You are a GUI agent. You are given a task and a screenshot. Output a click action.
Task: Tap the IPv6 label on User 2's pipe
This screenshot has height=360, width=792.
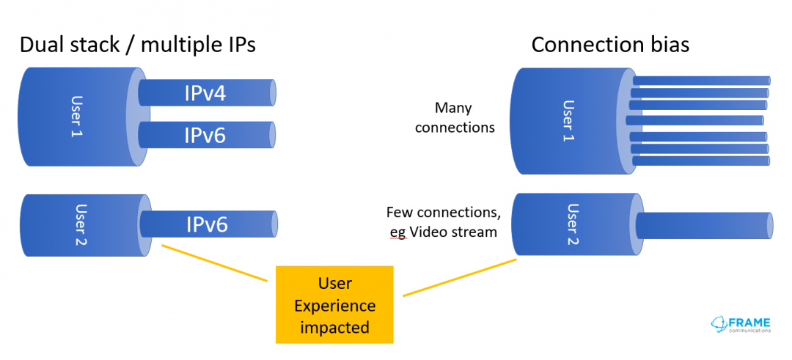[x=207, y=224]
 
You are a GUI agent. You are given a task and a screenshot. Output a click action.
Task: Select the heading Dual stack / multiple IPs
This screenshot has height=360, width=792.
[x=138, y=45]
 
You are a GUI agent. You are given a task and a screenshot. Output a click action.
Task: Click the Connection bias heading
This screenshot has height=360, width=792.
[x=610, y=45]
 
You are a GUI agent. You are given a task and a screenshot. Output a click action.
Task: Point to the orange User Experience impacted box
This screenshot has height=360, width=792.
[x=334, y=304]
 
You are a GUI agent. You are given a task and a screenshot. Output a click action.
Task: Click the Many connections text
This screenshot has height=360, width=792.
[x=455, y=117]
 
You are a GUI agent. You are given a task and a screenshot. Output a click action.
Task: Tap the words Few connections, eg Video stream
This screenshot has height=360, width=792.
[x=444, y=222]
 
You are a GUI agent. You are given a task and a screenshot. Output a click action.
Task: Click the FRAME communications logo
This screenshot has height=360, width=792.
[x=741, y=324]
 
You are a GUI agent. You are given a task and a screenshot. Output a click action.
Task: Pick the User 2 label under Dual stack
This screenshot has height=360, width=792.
[x=81, y=224]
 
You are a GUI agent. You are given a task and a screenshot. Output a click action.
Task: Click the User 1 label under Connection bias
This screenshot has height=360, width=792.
[x=569, y=121]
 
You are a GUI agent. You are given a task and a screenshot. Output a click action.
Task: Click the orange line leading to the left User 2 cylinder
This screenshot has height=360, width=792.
[x=213, y=262]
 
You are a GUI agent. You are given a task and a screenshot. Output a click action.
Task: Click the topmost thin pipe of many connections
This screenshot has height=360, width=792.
[x=701, y=81]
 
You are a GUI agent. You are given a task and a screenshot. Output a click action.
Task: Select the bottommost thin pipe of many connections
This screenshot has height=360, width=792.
[x=701, y=161]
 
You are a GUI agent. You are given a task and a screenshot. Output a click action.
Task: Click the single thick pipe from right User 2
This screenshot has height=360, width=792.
[x=705, y=224]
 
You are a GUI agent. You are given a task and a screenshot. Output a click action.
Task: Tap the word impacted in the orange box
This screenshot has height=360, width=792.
[x=334, y=327]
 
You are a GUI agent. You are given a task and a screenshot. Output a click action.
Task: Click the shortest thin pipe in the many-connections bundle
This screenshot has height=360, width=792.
[x=695, y=120]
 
